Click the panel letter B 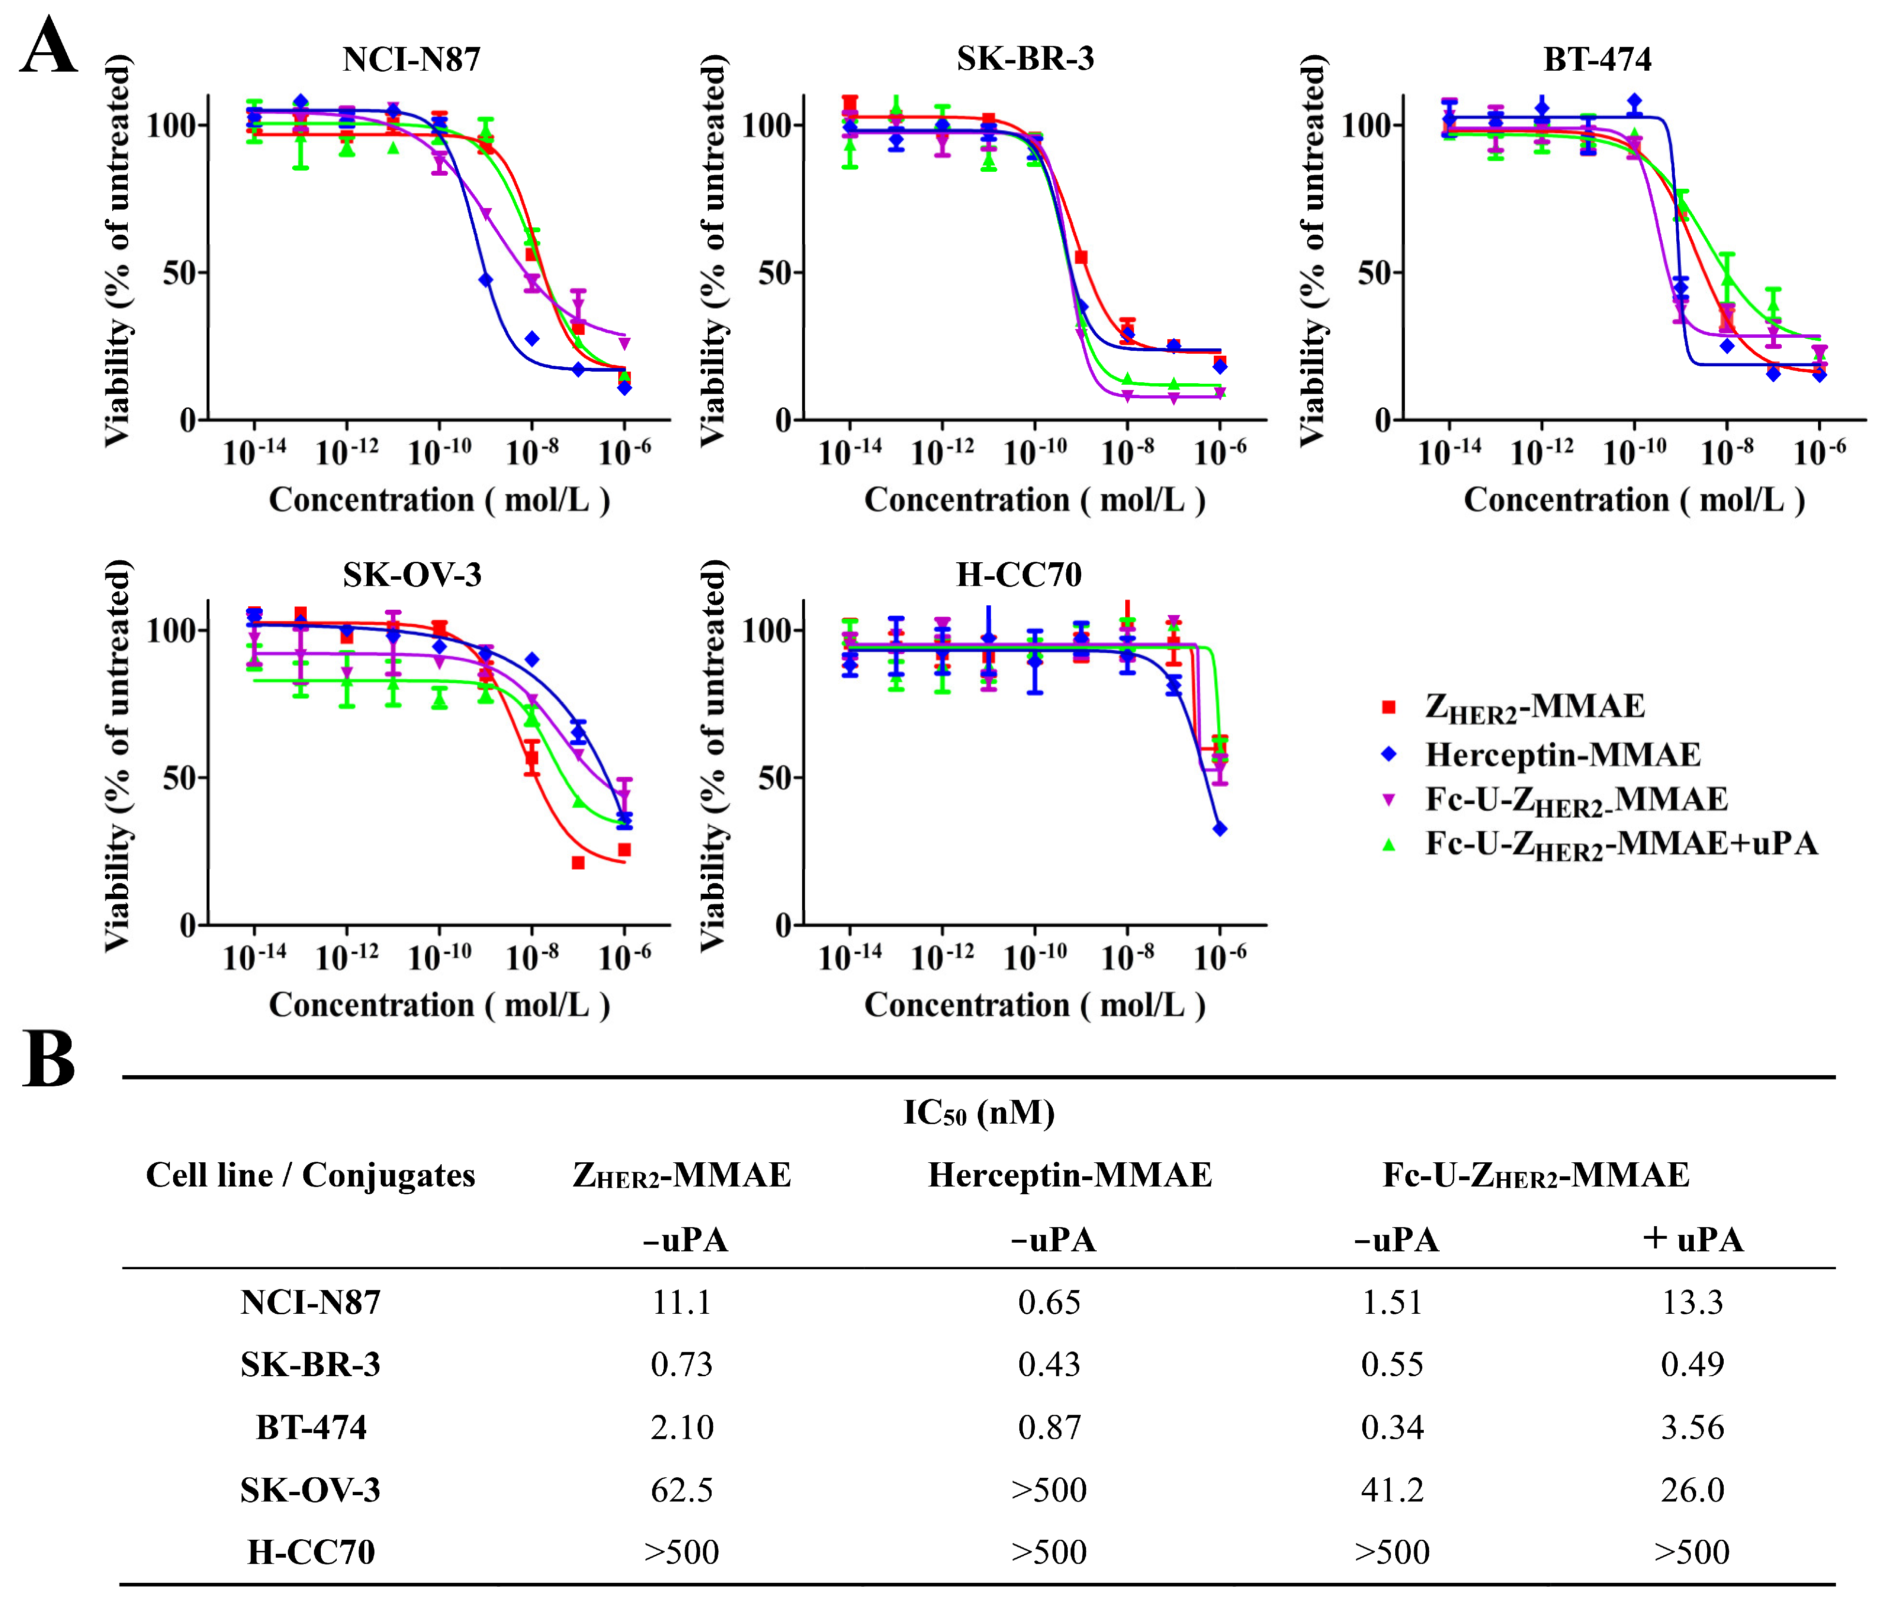pos(48,1059)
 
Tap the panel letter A pos(48,47)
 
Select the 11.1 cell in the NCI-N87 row pos(682,1302)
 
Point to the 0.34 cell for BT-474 pos(1392,1427)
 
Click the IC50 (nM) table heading pos(979,1113)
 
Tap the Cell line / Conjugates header pos(310,1175)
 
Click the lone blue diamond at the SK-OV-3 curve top pos(532,660)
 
